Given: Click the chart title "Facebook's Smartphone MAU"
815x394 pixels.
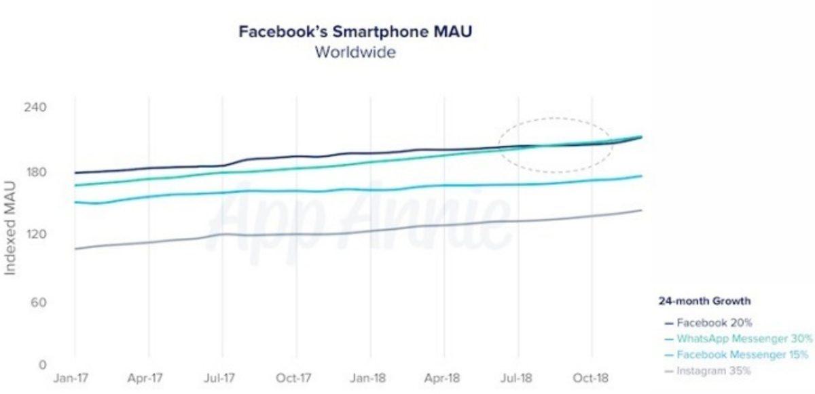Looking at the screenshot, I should coord(355,32).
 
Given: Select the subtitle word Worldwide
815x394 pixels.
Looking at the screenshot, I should coord(355,52).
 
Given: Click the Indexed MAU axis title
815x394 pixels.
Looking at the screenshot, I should coord(11,227).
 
